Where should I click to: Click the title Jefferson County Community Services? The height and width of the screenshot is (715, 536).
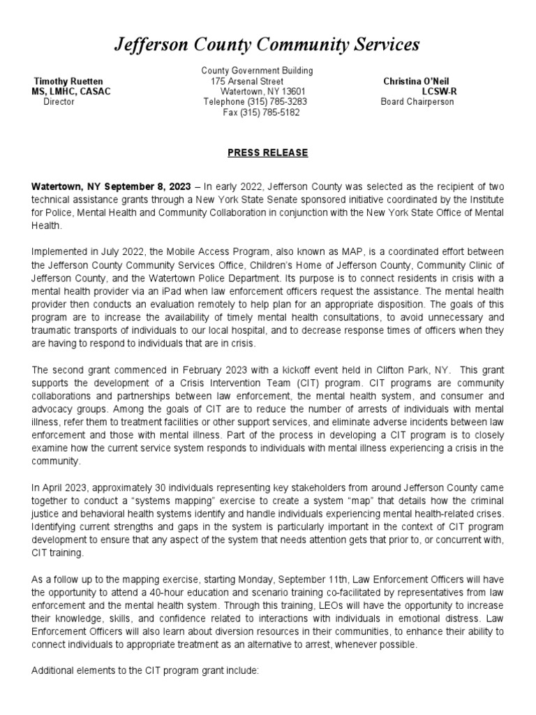pos(267,45)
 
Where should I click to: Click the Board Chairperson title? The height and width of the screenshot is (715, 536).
pos(417,102)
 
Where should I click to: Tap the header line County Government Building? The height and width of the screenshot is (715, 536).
pos(257,71)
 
